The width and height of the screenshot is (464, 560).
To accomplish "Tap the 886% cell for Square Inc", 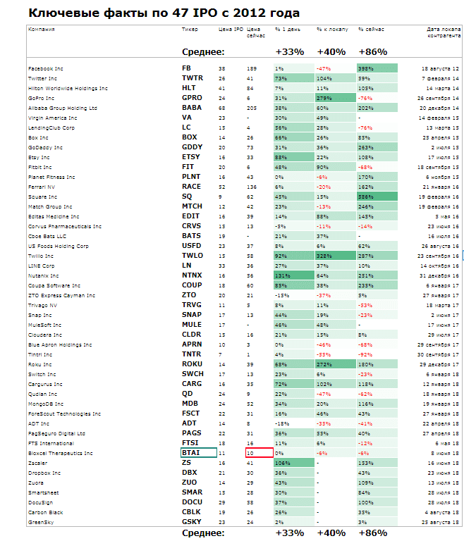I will click(377, 197).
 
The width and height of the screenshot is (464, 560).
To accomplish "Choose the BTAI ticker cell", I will click(198, 453).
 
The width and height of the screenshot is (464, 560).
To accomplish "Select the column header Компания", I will click(41, 30).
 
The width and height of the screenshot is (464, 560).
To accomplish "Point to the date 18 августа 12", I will click(441, 68).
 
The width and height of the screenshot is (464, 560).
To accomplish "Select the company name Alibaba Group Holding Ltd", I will click(63, 108).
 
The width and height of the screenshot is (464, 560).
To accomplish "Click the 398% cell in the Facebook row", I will click(377, 68).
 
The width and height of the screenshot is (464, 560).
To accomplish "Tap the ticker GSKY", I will click(191, 522).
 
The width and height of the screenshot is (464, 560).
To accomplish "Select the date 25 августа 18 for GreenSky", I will click(442, 522).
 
